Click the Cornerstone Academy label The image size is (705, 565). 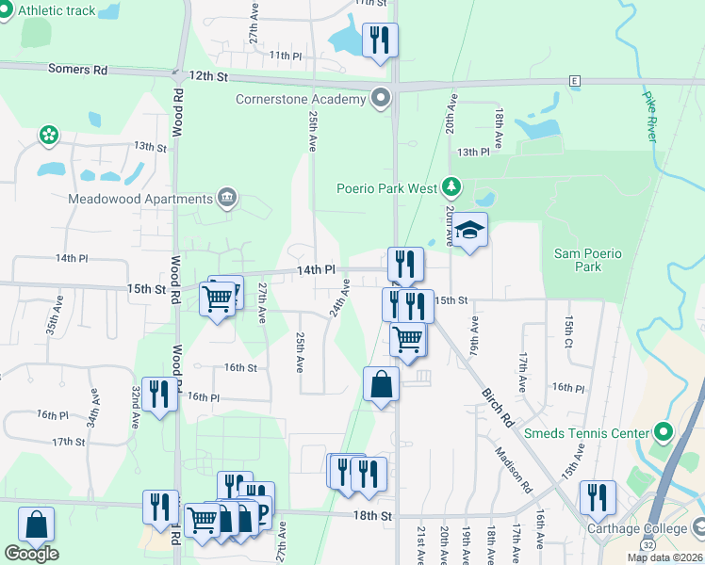300,99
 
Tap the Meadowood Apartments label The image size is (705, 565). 140,199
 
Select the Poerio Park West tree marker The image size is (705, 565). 452,187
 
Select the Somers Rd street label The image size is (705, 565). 80,70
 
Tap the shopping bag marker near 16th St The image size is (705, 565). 381,384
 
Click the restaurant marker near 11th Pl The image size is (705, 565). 380,40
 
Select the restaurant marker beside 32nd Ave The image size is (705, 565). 159,395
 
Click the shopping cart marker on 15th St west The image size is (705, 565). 218,299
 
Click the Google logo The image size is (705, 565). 31,554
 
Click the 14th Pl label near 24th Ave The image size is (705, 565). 316,269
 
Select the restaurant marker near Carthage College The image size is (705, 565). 598,497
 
